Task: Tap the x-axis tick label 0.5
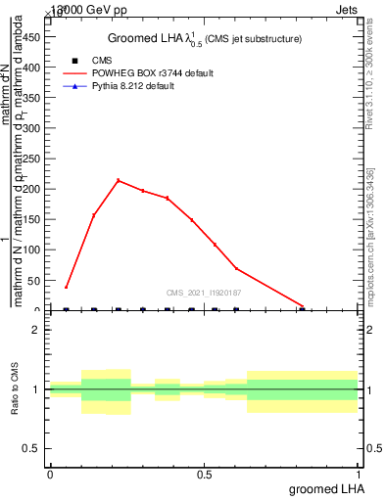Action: pos(204,475)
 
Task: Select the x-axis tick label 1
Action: pos(359,475)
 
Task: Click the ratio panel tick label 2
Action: pos(34,330)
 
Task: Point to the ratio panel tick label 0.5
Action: pos(30,448)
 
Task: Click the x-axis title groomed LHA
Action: pos(323,489)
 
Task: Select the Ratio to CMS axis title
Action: pos(16,388)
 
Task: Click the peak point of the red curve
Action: pos(119,180)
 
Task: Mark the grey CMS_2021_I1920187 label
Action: pos(204,293)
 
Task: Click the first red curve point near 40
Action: pos(66,287)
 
